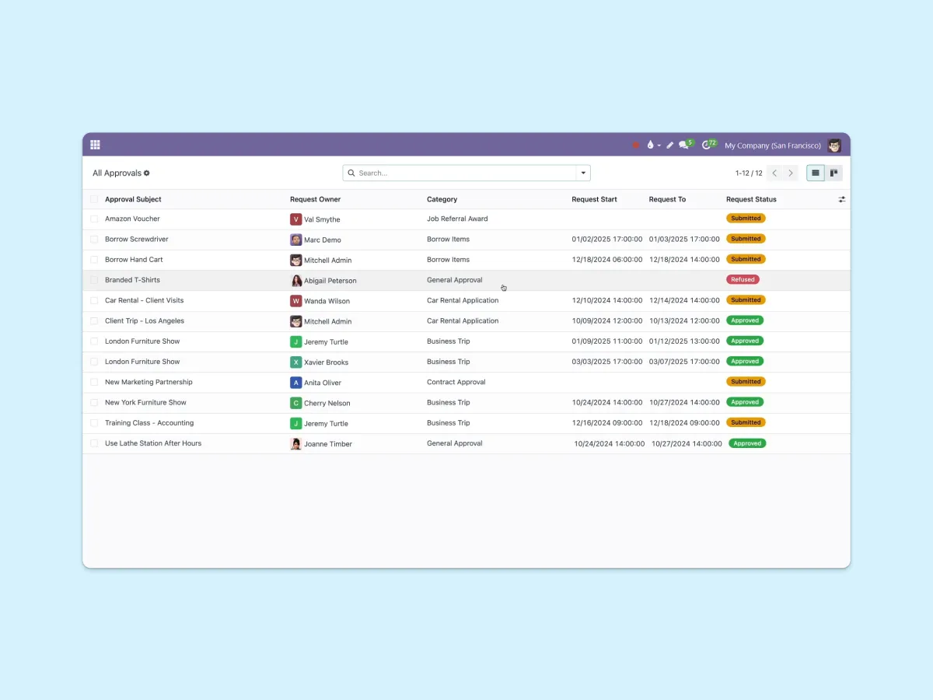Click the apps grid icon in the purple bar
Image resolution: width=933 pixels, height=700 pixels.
click(x=95, y=145)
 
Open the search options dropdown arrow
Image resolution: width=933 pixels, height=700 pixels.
click(x=583, y=173)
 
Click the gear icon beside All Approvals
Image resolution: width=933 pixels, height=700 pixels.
click(x=147, y=173)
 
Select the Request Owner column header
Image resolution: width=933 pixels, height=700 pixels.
click(x=315, y=199)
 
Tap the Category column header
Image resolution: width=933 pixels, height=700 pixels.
click(x=442, y=199)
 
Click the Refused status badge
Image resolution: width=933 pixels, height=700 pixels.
click(x=743, y=279)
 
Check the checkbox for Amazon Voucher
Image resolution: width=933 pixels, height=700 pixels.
click(x=94, y=219)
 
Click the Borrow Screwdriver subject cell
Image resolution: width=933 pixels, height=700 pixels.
click(x=136, y=239)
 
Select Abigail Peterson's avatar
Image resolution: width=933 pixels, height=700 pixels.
click(x=296, y=281)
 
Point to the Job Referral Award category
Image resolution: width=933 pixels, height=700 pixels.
click(x=457, y=219)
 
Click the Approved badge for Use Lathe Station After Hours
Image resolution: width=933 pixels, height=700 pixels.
click(x=747, y=443)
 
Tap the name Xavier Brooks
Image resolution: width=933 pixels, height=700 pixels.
click(x=326, y=362)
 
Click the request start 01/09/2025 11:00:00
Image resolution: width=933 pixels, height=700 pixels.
click(x=606, y=341)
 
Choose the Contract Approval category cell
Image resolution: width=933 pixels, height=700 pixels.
click(x=456, y=382)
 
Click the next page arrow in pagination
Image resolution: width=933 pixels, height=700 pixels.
click(x=790, y=173)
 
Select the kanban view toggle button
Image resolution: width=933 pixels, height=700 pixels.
click(x=833, y=173)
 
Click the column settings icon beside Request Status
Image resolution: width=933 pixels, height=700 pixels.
click(x=841, y=199)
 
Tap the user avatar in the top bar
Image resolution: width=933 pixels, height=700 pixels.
click(x=834, y=145)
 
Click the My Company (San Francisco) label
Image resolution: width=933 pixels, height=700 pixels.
click(x=772, y=145)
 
